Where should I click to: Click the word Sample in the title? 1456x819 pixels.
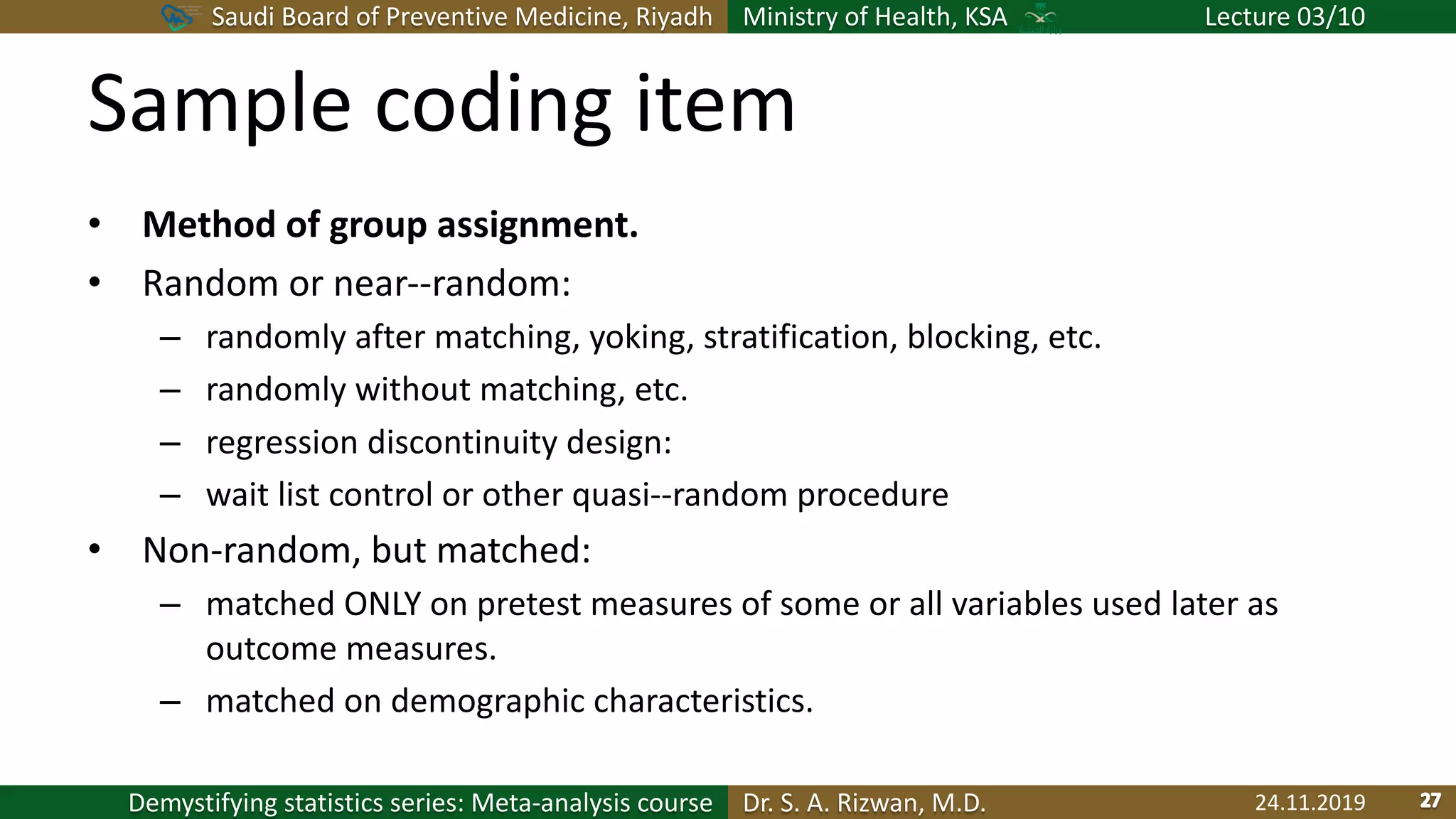coord(219,105)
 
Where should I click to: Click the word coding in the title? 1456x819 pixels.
coord(492,105)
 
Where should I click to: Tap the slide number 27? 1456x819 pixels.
coord(1430,801)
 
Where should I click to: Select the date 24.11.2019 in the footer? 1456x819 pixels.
coord(1310,803)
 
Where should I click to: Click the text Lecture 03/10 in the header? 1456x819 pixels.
coord(1285,16)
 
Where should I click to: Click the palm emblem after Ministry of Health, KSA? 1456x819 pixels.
coord(1040,16)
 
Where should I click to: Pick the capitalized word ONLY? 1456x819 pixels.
coord(382,604)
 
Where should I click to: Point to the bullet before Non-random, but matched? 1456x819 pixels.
coord(95,550)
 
